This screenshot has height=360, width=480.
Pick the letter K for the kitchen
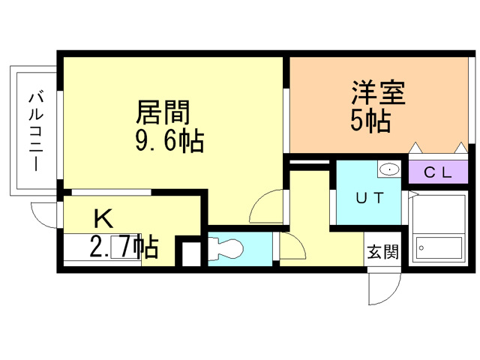(103, 218)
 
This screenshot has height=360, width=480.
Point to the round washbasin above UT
(389, 170)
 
